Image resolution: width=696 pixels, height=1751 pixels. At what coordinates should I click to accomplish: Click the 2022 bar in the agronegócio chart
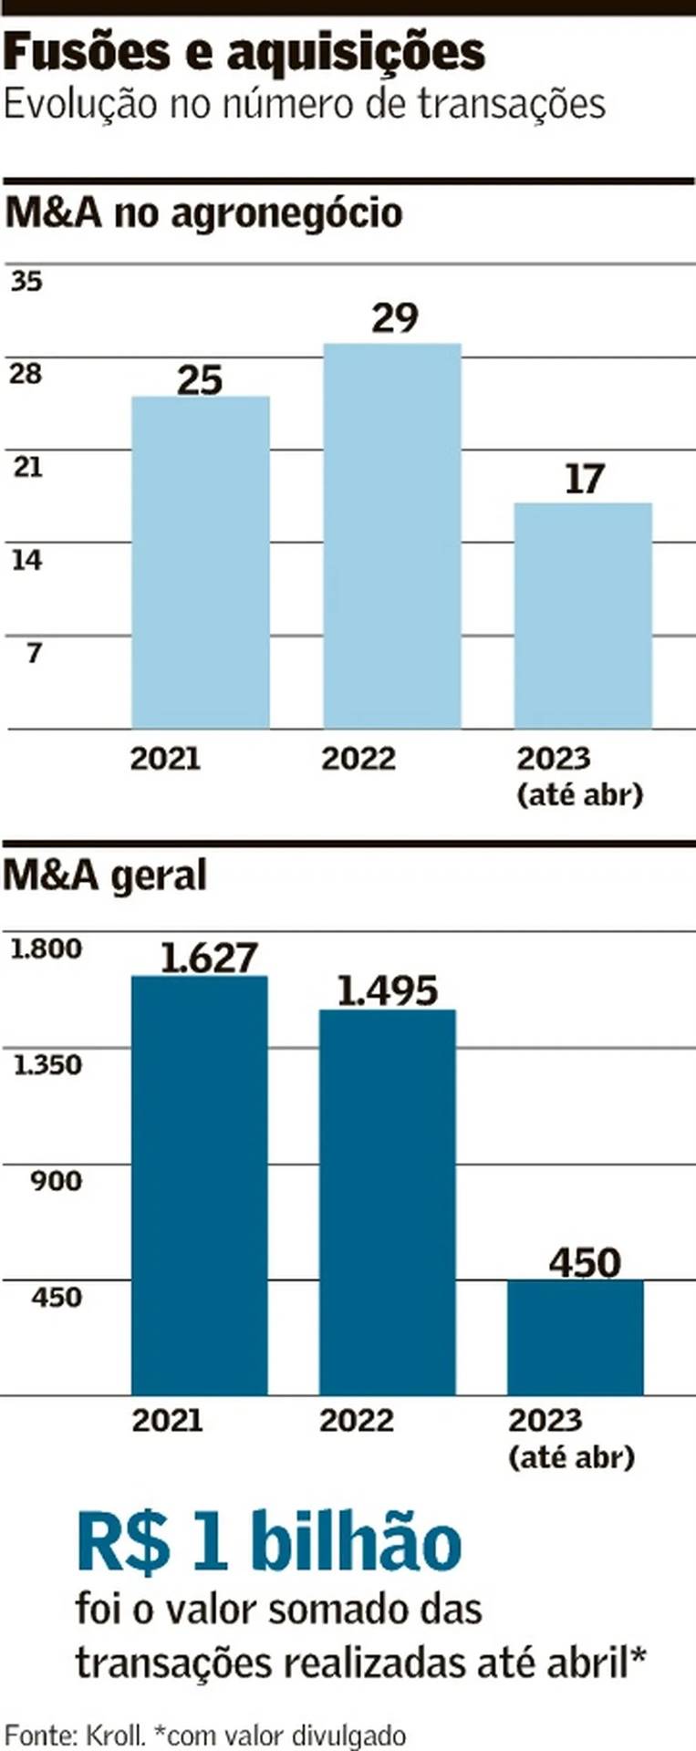tap(392, 535)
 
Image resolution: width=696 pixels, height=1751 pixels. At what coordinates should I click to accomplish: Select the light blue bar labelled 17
tap(583, 615)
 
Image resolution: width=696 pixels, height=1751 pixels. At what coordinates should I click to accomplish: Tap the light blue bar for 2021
tap(201, 562)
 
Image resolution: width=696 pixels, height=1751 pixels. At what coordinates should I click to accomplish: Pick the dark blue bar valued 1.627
tap(200, 1185)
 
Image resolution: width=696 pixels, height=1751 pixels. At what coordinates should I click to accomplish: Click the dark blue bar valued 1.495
tap(387, 1202)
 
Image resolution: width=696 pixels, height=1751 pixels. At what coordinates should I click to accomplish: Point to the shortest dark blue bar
tap(576, 1337)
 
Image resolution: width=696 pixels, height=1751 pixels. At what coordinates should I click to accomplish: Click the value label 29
tap(395, 318)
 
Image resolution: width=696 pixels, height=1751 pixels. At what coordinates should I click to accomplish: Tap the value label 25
tap(200, 379)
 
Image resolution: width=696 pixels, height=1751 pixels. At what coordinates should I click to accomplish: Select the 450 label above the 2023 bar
tap(585, 1263)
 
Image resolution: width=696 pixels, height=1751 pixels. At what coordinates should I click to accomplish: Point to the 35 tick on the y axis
tap(26, 281)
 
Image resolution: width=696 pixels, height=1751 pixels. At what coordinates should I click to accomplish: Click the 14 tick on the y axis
tap(26, 560)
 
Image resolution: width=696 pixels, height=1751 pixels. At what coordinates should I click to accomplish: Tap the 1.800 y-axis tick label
tap(46, 948)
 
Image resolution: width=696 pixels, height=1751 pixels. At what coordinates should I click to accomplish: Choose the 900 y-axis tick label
tap(56, 1181)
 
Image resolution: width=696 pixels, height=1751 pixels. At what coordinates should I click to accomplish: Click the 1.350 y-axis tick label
tap(47, 1064)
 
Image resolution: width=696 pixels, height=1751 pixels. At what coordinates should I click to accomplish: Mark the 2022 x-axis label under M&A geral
tap(356, 1420)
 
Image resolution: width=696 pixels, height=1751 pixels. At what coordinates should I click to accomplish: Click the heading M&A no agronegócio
tap(203, 212)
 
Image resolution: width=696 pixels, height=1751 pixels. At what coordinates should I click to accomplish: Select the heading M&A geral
tap(105, 875)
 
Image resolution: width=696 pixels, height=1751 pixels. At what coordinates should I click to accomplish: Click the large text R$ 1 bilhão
tap(269, 1542)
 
